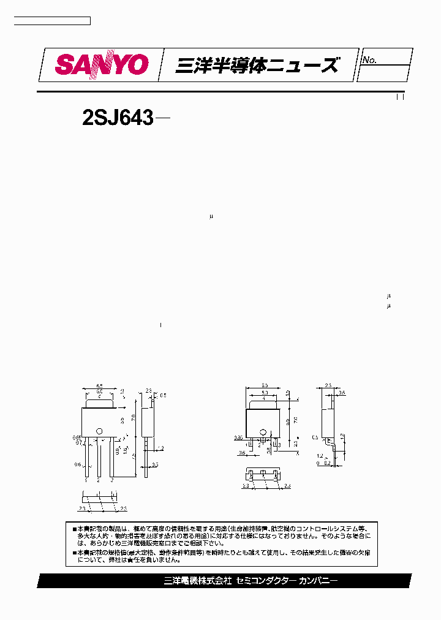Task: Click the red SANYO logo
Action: click(x=102, y=64)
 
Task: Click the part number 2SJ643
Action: click(x=117, y=117)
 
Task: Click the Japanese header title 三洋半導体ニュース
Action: click(x=256, y=65)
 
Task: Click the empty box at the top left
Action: click(x=52, y=21)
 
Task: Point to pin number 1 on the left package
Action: click(x=86, y=481)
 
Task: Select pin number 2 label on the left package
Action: click(x=99, y=481)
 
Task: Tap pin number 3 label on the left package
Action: click(x=112, y=481)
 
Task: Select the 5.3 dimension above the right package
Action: click(x=264, y=392)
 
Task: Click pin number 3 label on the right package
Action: click(x=279, y=445)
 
